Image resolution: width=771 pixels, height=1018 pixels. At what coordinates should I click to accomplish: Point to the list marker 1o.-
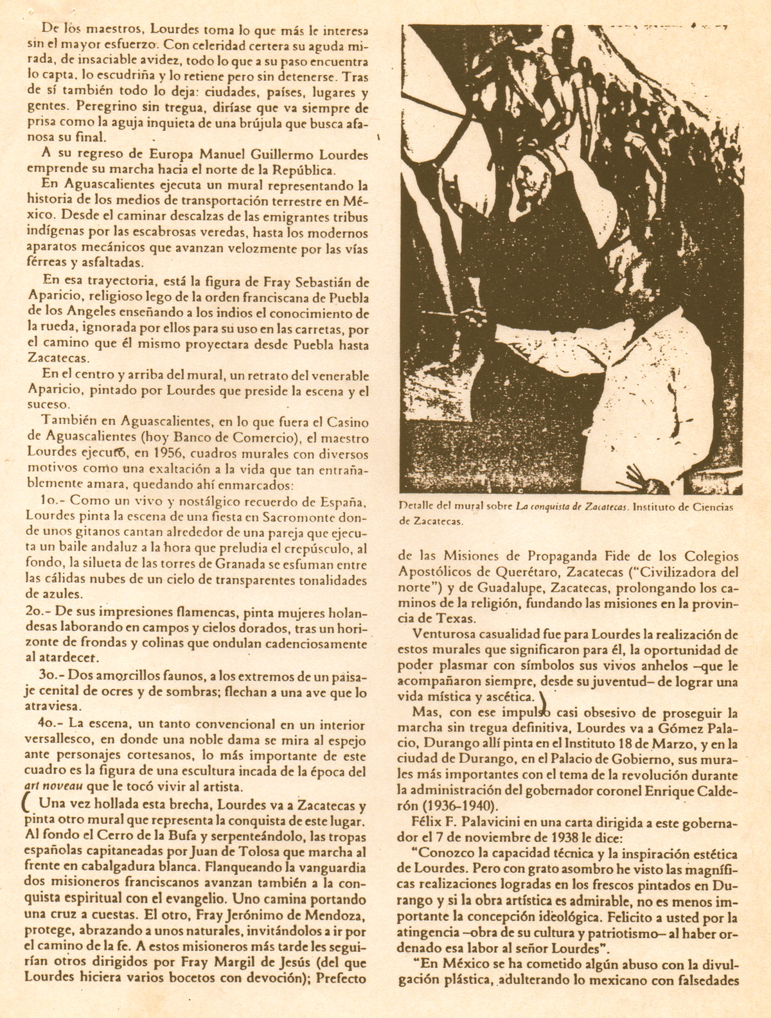[51, 501]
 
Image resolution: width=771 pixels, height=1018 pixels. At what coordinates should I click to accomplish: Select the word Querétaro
[525, 572]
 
